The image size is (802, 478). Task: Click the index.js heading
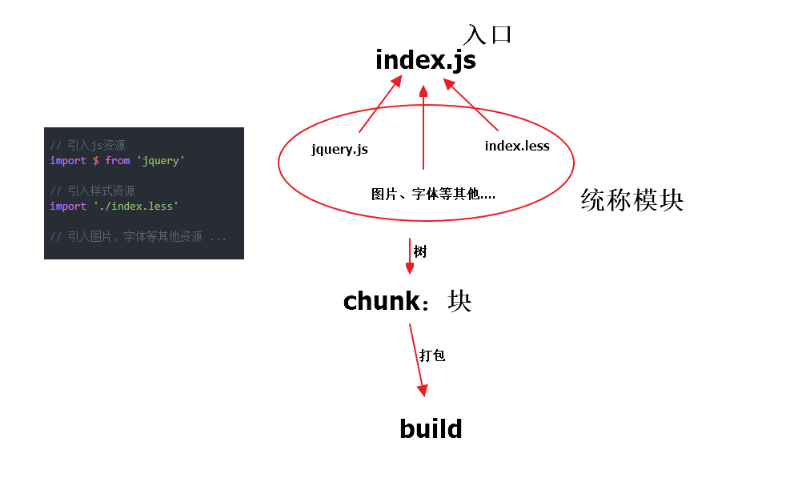425,61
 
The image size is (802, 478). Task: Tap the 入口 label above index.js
487,34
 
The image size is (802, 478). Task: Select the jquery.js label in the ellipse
339,149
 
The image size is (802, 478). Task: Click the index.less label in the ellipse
517,146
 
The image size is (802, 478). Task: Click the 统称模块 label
632,200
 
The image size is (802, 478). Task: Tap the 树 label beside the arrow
420,251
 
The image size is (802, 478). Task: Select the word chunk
381,301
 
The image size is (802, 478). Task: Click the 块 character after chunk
459,301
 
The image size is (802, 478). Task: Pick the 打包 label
432,355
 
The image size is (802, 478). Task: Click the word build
431,428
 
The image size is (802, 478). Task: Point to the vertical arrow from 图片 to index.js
423,128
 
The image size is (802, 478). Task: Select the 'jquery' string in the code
160,161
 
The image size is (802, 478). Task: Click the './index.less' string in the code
134,207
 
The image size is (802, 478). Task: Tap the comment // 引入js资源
87,146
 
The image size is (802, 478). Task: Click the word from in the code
118,161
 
